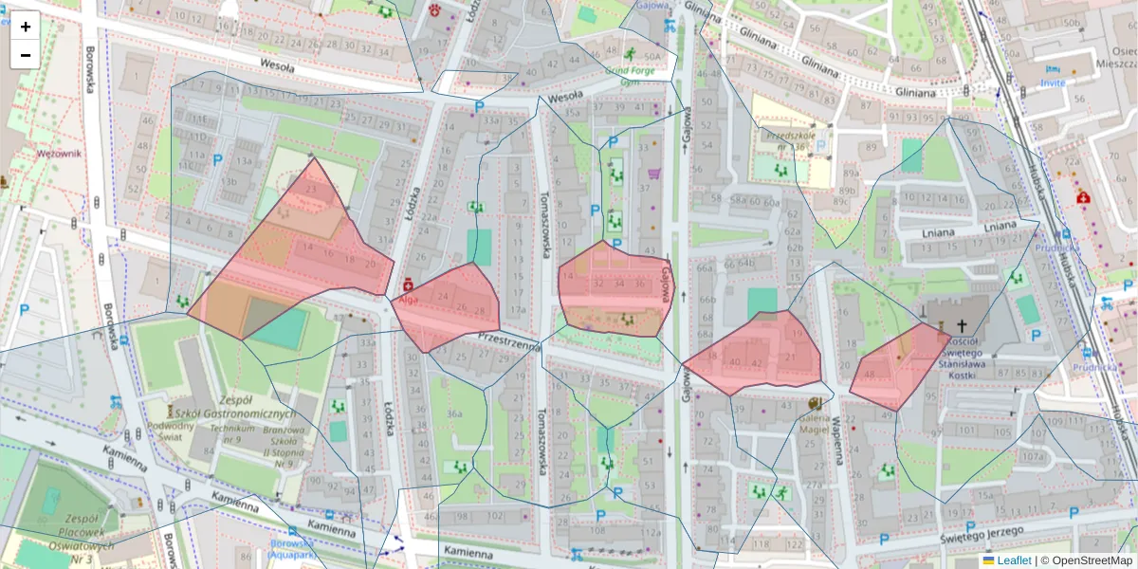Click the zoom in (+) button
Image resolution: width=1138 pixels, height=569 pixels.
coord(26,27)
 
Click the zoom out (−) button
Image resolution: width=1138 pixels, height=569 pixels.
coord(26,55)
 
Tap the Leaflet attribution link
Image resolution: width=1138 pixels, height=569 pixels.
coord(1014,560)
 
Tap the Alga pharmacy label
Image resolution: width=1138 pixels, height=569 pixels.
coord(408,300)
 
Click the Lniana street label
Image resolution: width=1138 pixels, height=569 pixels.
coord(999,226)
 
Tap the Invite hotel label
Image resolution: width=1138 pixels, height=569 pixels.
coord(1053,83)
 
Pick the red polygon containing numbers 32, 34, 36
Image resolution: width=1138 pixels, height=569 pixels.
coord(612,289)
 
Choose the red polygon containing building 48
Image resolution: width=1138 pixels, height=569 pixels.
coord(896,370)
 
